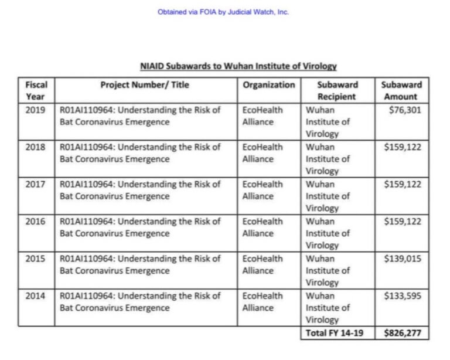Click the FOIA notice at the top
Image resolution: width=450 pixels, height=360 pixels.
[223, 12]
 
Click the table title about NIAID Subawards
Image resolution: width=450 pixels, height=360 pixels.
[238, 66]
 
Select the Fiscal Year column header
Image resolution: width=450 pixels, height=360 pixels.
[36, 90]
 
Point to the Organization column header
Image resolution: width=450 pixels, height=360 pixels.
[269, 84]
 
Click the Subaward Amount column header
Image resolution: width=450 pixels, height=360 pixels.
[401, 90]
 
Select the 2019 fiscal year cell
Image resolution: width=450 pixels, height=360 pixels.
[36, 110]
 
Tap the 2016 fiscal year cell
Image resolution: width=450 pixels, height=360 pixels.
[36, 221]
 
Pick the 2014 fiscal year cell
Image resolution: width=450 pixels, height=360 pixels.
[36, 296]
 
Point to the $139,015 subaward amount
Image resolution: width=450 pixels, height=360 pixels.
[403, 258]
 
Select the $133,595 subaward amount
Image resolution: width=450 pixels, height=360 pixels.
[403, 296]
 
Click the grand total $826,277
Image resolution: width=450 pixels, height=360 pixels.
[403, 333]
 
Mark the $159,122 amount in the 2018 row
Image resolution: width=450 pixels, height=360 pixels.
[403, 147]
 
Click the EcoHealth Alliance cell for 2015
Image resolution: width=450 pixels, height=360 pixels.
[262, 264]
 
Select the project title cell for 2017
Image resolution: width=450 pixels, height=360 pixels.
[141, 190]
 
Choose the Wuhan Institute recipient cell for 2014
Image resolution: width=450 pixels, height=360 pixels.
[328, 307]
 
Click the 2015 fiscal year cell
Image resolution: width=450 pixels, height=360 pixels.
[36, 258]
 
